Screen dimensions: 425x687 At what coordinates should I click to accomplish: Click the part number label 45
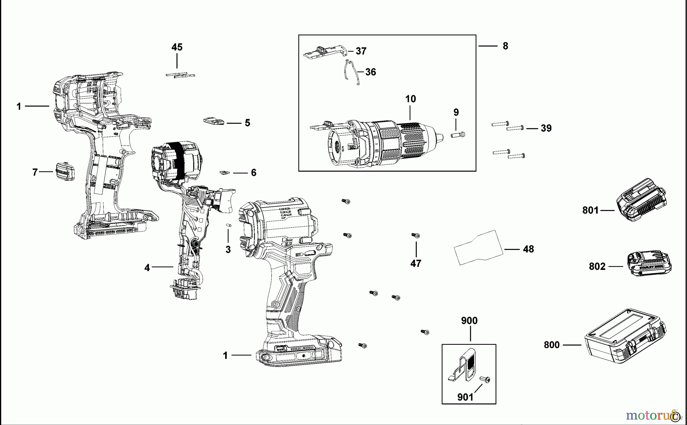pyautogui.click(x=177, y=47)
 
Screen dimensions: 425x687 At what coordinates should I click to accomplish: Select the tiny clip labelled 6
pyautogui.click(x=224, y=172)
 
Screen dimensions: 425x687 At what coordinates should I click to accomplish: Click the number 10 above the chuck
pyautogui.click(x=410, y=99)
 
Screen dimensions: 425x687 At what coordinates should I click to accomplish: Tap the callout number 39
pyautogui.click(x=546, y=128)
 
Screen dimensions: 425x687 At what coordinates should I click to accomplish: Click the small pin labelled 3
pyautogui.click(x=229, y=225)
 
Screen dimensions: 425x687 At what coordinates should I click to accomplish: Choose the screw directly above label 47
pyautogui.click(x=415, y=235)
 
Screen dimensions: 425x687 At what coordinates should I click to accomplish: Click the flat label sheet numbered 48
pyautogui.click(x=479, y=248)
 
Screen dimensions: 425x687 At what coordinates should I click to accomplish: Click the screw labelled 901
pyautogui.click(x=486, y=380)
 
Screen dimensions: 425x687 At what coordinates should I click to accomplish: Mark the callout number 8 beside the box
pyautogui.click(x=505, y=46)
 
